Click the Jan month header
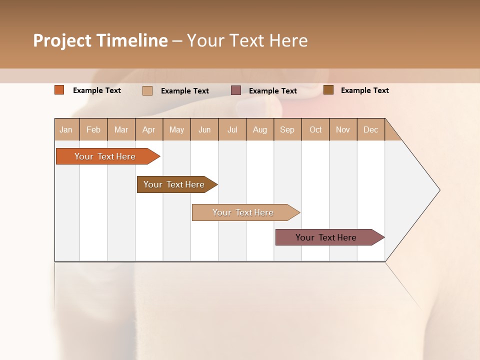[66, 129]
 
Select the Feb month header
[93, 129]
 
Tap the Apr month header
[148, 129]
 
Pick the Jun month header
[204, 129]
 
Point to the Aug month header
[259, 129]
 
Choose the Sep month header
[287, 129]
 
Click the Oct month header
[315, 129]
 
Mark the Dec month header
[370, 129]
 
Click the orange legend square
[59, 90]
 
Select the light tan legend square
[147, 90]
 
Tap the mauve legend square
[236, 90]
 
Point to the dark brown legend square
[328, 90]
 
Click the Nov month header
[342, 129]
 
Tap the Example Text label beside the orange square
[97, 90]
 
